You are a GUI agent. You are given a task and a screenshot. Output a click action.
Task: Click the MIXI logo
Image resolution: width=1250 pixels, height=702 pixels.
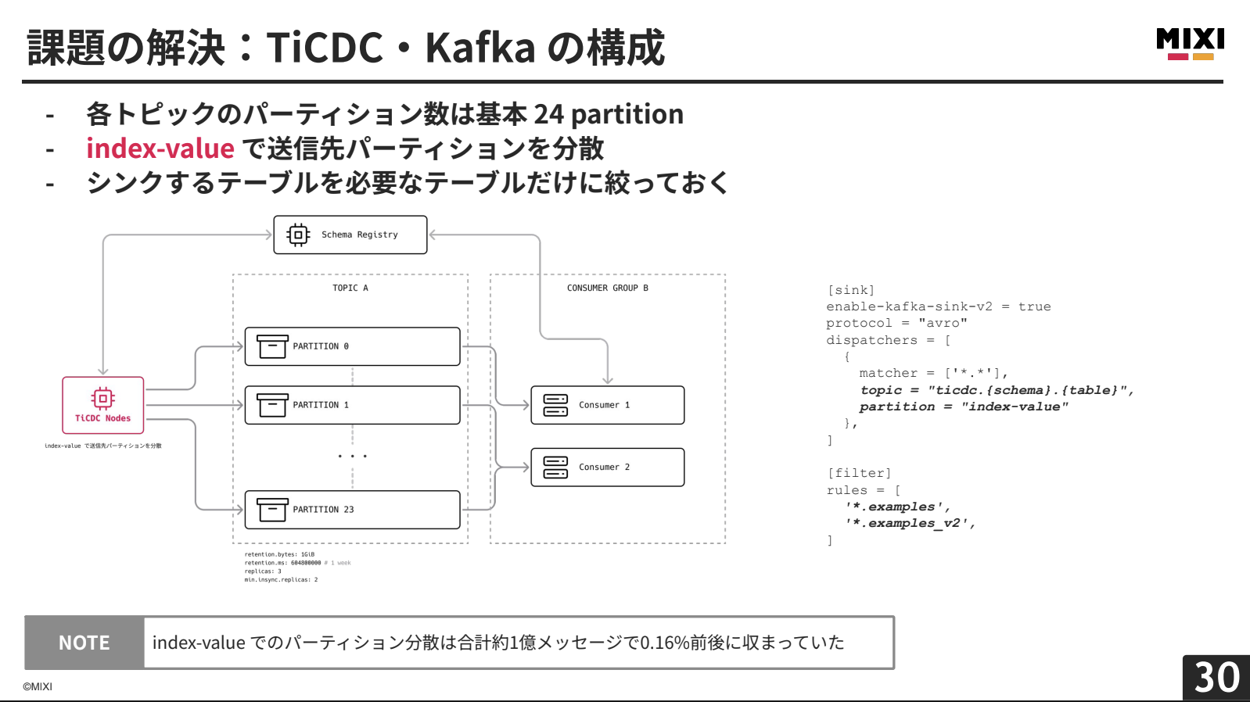click(1190, 44)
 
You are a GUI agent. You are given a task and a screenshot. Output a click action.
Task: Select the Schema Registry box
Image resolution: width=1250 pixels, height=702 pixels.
click(350, 235)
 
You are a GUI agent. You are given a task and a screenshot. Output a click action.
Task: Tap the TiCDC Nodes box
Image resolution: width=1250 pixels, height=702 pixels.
click(103, 405)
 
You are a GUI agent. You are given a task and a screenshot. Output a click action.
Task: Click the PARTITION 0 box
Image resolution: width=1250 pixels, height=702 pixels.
click(352, 346)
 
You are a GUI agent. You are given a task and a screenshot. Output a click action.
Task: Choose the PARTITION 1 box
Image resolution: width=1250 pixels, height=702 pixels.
click(352, 405)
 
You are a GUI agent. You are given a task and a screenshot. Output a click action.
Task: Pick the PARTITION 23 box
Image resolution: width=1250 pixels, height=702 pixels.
click(352, 510)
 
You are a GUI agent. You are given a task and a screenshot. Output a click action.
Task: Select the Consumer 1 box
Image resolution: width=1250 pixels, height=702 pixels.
click(607, 405)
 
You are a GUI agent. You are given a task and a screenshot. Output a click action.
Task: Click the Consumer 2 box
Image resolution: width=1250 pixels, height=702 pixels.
click(607, 467)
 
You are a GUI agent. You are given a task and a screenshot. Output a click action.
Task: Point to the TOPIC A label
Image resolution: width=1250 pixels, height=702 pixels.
click(350, 288)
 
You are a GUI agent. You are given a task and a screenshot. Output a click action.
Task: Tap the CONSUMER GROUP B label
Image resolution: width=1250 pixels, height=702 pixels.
click(607, 288)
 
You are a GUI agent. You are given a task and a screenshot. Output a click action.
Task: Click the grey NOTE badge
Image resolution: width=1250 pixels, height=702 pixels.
click(84, 643)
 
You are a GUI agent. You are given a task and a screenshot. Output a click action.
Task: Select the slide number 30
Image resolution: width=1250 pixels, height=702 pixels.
click(1216, 677)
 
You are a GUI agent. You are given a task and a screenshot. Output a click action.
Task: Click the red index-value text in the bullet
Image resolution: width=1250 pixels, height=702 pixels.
click(160, 149)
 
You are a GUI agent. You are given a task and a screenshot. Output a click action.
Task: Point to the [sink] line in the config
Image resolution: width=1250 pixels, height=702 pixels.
click(851, 290)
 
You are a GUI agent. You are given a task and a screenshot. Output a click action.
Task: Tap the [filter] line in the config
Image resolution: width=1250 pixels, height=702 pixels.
click(859, 473)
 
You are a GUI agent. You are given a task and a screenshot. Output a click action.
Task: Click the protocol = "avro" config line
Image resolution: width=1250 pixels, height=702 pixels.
click(896, 323)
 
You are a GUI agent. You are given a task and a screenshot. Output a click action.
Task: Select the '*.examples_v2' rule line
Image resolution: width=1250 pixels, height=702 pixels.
click(909, 523)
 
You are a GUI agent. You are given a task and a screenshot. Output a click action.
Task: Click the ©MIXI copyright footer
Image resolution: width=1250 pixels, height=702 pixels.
click(38, 686)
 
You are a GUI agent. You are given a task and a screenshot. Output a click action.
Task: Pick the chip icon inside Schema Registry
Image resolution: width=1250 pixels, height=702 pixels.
click(298, 235)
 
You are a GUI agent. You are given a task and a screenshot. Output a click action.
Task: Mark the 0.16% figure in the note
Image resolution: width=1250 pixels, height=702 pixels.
click(665, 643)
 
